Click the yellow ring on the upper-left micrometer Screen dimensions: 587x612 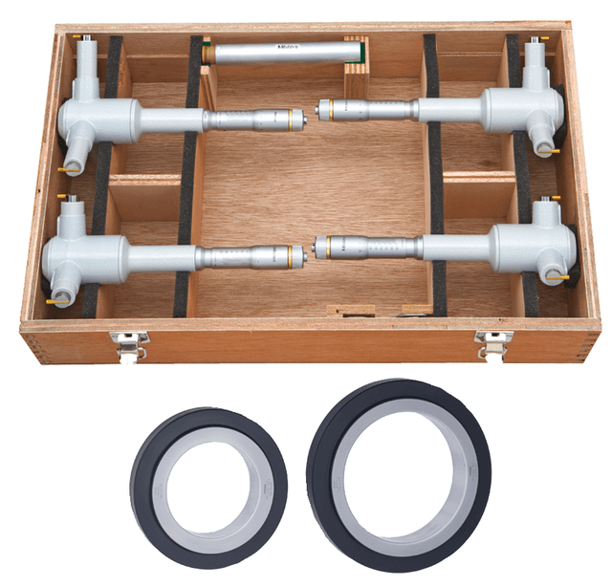pyautogui.click(x=287, y=119)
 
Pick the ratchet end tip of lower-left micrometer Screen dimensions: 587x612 pyautogui.click(x=303, y=255)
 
